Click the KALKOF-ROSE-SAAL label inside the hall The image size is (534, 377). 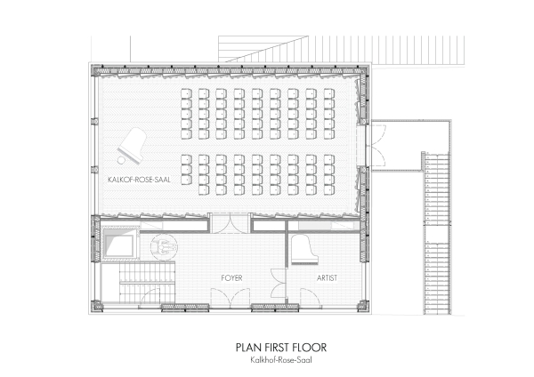pyautogui.click(x=139, y=180)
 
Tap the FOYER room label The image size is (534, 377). pyautogui.click(x=231, y=278)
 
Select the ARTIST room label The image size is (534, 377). pyautogui.click(x=327, y=278)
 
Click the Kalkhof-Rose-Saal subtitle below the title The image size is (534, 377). pyautogui.click(x=281, y=359)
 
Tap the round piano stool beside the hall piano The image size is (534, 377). pyautogui.click(x=121, y=160)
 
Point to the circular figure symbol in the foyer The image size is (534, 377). pyautogui.click(x=164, y=245)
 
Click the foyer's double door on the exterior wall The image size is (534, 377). pyautogui.click(x=231, y=298)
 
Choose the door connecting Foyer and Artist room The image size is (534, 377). pyautogui.click(x=279, y=284)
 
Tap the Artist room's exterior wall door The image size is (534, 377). pyautogui.click(x=311, y=298)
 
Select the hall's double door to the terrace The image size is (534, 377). pyautogui.click(x=376, y=145)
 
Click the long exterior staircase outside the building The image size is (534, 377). pyautogui.click(x=437, y=233)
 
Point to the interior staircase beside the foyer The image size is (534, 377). pyautogui.click(x=147, y=281)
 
